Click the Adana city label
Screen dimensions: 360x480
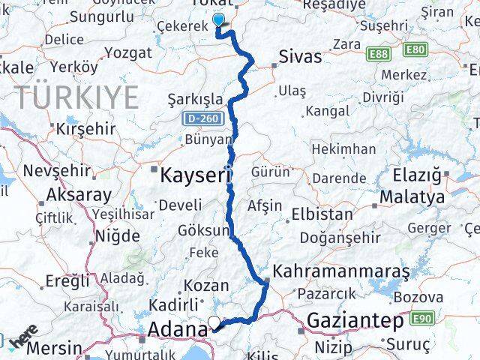pyautogui.click(x=177, y=328)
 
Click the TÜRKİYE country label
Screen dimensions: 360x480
pyautogui.click(x=77, y=97)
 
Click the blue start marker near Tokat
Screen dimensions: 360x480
pyautogui.click(x=219, y=21)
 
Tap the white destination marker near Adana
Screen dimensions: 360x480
pyautogui.click(x=214, y=323)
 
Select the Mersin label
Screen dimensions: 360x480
pyautogui.click(x=56, y=348)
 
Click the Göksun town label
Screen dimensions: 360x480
pyautogui.click(x=202, y=230)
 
